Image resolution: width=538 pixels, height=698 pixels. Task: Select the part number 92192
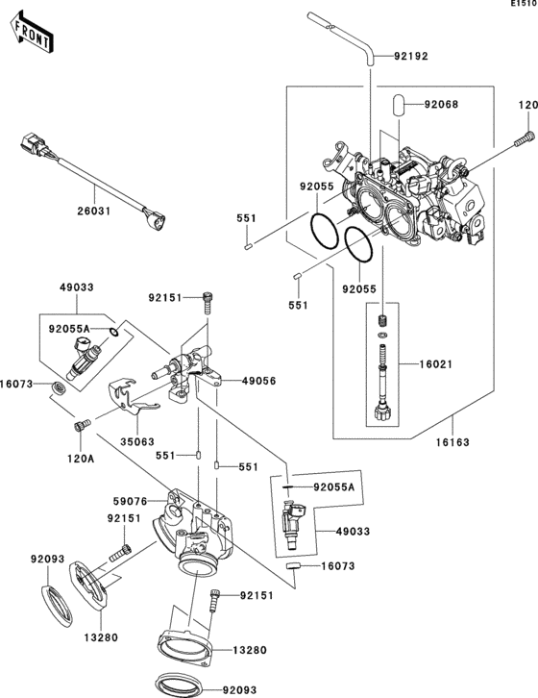pos(410,56)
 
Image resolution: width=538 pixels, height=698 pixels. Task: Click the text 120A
pos(82,460)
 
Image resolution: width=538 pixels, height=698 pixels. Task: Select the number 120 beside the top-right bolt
pos(528,105)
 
